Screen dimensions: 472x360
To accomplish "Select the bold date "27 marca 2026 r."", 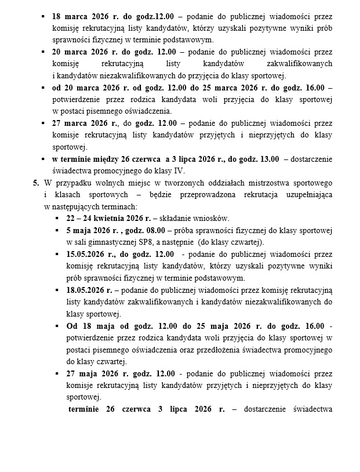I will pyautogui.click(x=82, y=123).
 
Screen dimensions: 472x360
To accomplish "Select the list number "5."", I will pyautogui.click(x=36, y=183).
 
